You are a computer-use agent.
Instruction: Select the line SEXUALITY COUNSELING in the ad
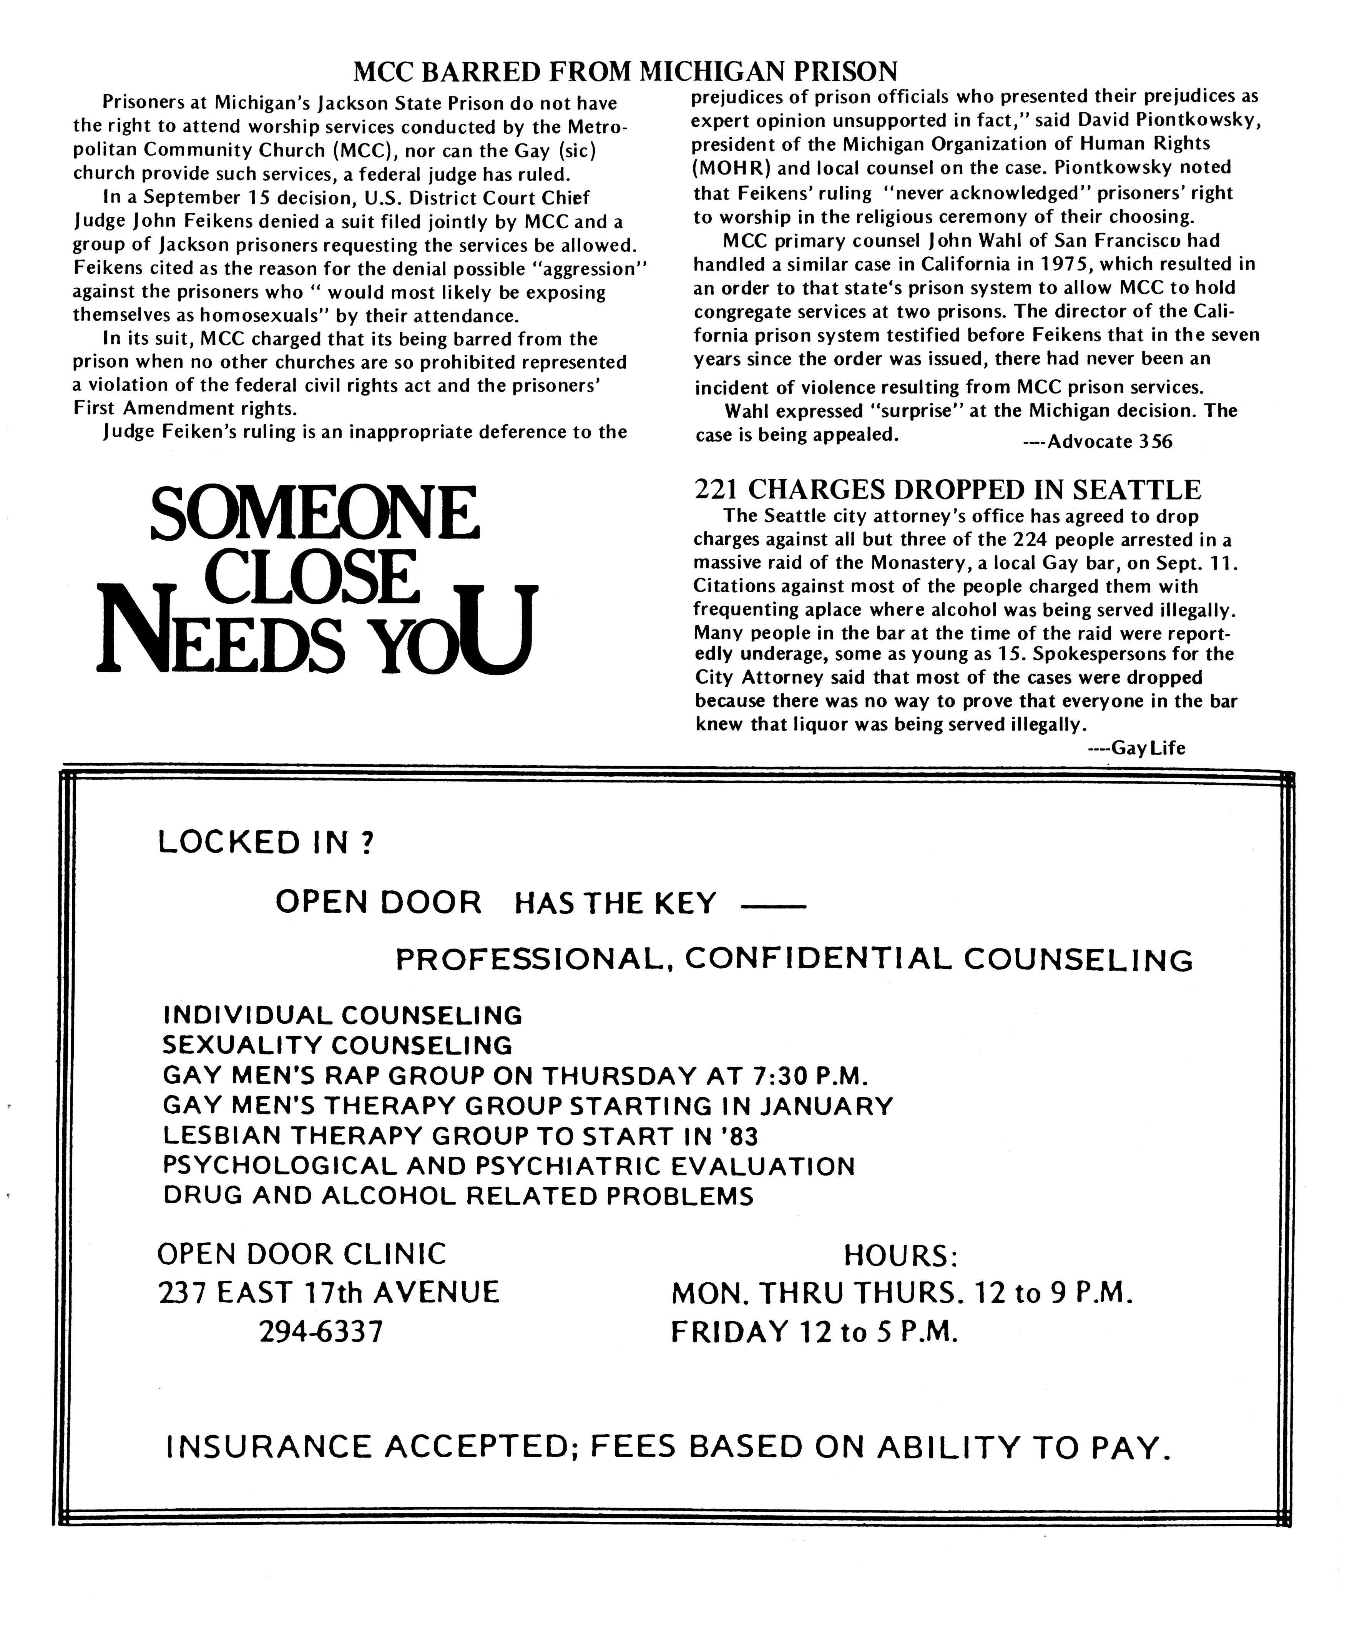337,1045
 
